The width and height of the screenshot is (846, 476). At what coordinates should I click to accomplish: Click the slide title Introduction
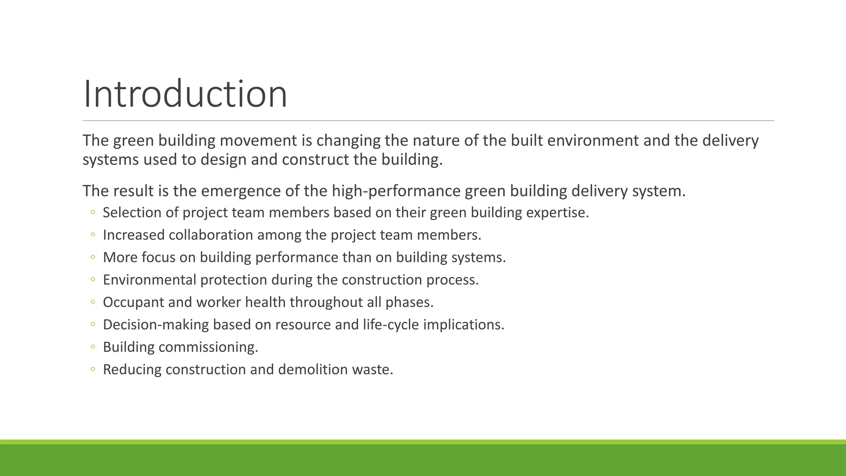tap(185, 94)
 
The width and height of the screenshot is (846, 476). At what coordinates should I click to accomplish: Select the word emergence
tap(241, 191)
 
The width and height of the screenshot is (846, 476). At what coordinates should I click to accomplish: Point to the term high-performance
tap(396, 191)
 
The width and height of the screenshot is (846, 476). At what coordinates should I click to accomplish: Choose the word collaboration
tap(211, 235)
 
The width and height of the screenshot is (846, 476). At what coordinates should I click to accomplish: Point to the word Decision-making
tap(156, 324)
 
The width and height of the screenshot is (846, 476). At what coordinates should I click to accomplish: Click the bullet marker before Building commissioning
tap(93, 347)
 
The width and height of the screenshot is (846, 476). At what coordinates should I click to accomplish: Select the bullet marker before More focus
tap(93, 257)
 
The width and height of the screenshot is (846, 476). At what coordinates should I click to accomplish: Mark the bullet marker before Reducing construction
tap(93, 369)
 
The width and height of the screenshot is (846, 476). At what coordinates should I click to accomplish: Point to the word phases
tap(409, 302)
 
